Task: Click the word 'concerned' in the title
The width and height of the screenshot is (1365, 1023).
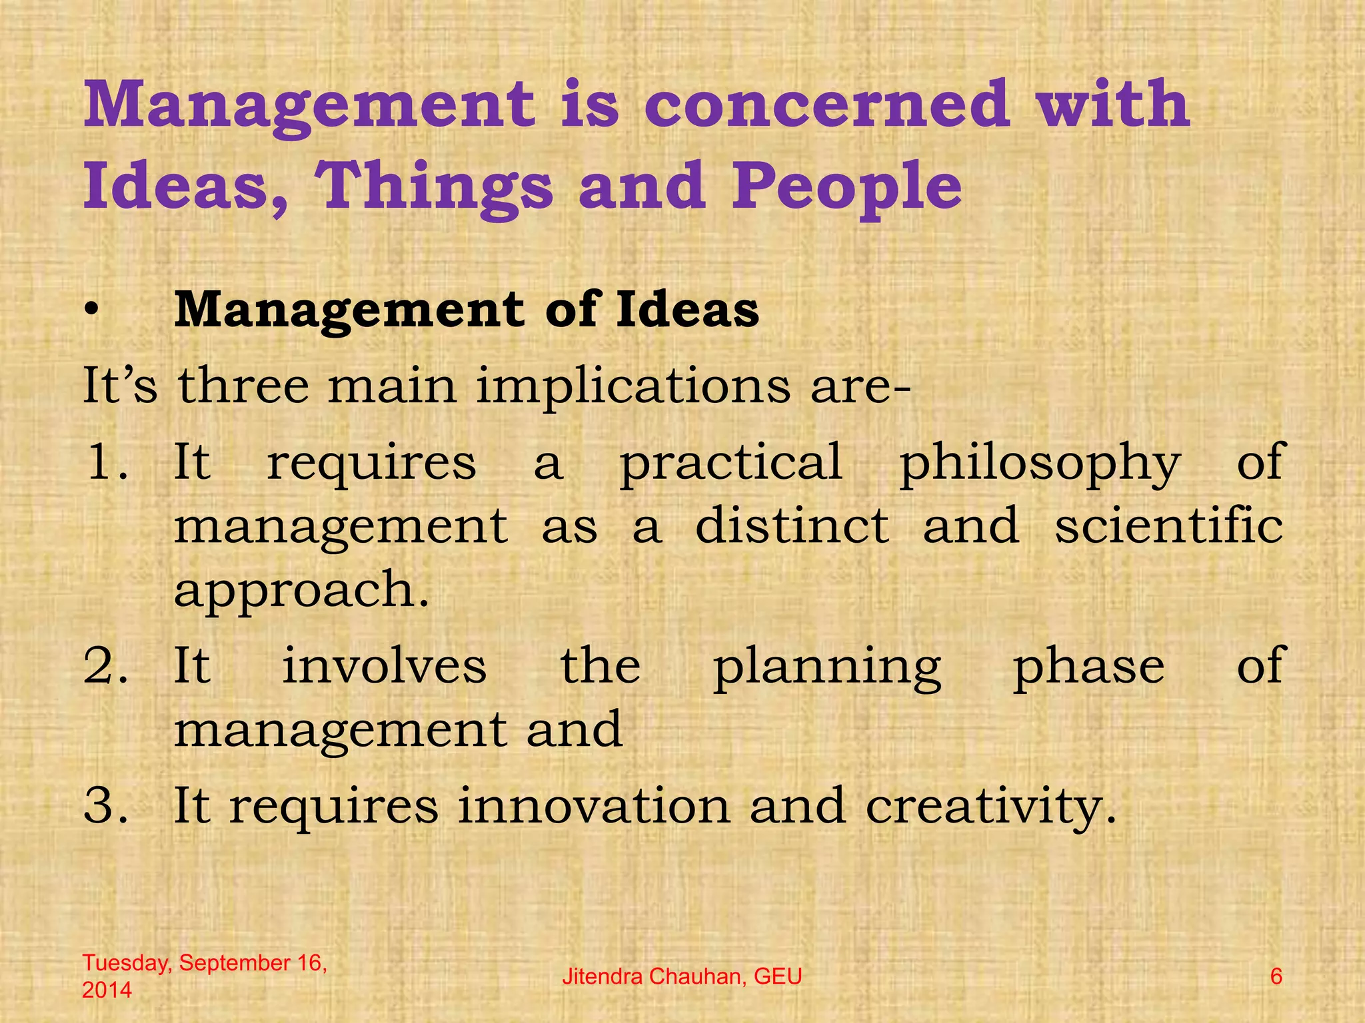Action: pyautogui.click(x=826, y=105)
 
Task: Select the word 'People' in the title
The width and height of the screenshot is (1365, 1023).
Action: pyautogui.click(x=847, y=186)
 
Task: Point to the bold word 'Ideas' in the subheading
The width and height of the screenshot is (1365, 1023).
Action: pyautogui.click(x=687, y=310)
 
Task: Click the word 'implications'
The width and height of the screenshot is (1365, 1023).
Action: pyautogui.click(x=633, y=386)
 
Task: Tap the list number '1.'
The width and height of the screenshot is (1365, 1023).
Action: pyautogui.click(x=107, y=462)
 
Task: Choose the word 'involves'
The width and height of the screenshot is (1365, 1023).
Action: pyautogui.click(x=385, y=666)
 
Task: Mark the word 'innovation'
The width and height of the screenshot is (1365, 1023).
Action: pyautogui.click(x=594, y=807)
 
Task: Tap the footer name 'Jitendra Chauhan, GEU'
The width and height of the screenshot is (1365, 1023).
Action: pyautogui.click(x=682, y=977)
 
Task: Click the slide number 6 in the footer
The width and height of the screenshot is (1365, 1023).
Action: pyautogui.click(x=1276, y=977)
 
